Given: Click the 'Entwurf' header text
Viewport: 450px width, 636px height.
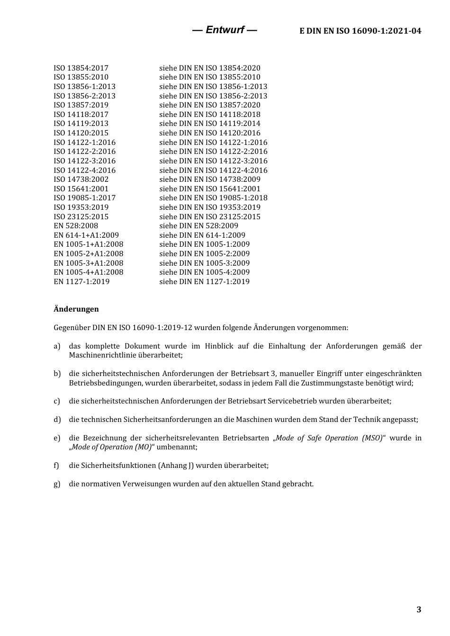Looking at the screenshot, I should (225, 30).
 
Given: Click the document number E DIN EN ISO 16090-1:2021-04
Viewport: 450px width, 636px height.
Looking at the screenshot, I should (360, 31).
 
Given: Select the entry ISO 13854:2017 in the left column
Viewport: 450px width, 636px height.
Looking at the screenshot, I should (81, 68).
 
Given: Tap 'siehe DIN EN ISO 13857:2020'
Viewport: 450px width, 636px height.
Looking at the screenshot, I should (210, 105).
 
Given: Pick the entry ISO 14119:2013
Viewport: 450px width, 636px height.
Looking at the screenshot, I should (81, 124).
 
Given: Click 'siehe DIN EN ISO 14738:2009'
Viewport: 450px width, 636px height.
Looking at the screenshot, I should (210, 179).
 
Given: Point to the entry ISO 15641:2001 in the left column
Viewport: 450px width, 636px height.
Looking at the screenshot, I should (81, 188).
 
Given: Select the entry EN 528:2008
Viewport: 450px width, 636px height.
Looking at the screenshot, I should (76, 226).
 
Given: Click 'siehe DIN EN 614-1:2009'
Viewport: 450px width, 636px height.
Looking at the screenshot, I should (202, 235).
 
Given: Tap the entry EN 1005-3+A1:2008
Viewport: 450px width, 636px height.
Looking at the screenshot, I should (89, 263).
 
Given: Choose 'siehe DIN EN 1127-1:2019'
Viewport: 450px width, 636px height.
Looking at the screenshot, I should (204, 282).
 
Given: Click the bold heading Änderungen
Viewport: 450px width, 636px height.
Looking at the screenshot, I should (76, 309).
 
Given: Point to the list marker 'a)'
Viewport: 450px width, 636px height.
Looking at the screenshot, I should (57, 346).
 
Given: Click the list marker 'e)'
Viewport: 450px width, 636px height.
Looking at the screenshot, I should (57, 438).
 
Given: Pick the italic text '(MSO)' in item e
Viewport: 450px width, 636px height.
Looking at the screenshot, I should (372, 438).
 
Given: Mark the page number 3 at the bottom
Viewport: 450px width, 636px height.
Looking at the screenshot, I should (418, 609).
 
